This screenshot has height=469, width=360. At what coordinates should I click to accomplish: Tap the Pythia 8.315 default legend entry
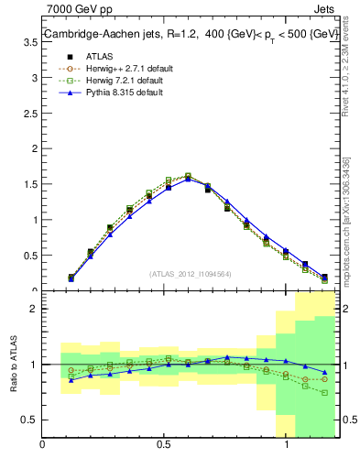tap(115, 93)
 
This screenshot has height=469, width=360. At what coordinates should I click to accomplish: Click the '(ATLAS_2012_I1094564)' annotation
tap(191, 273)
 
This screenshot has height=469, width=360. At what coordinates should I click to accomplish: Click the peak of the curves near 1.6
tap(188, 176)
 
